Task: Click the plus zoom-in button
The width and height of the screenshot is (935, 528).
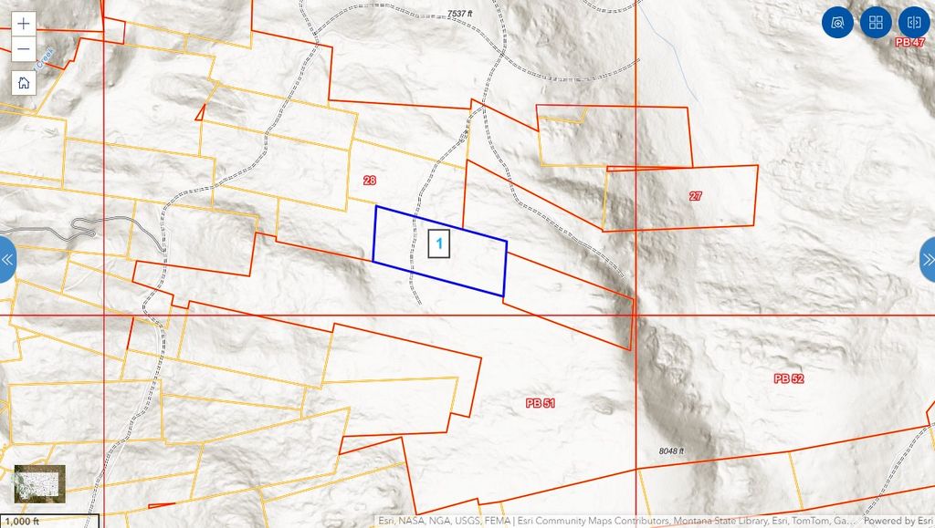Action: tap(24, 24)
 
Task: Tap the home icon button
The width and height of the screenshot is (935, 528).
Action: tap(24, 82)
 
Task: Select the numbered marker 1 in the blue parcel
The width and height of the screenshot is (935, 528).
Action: tap(439, 243)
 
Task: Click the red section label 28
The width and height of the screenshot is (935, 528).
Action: tap(369, 181)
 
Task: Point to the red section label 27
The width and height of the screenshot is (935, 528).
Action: tap(696, 196)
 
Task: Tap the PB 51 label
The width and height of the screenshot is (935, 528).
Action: tap(541, 402)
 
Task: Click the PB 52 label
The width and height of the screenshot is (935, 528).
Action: tap(788, 378)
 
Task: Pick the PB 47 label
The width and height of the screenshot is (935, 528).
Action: tap(909, 42)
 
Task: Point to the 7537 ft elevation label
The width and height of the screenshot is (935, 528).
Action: tap(460, 15)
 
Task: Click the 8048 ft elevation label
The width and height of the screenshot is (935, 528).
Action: tap(670, 451)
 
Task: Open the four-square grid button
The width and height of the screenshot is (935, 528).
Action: tap(875, 23)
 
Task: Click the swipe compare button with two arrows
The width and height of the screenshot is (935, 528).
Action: tap(913, 23)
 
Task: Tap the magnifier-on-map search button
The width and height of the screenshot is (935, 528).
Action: tap(836, 23)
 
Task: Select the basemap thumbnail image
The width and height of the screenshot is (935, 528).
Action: tap(39, 482)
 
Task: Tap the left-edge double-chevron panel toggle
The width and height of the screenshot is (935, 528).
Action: tap(7, 260)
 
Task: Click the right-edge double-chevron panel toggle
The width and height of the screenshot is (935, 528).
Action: tap(928, 260)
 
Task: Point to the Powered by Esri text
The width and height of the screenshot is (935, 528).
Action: tap(898, 522)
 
